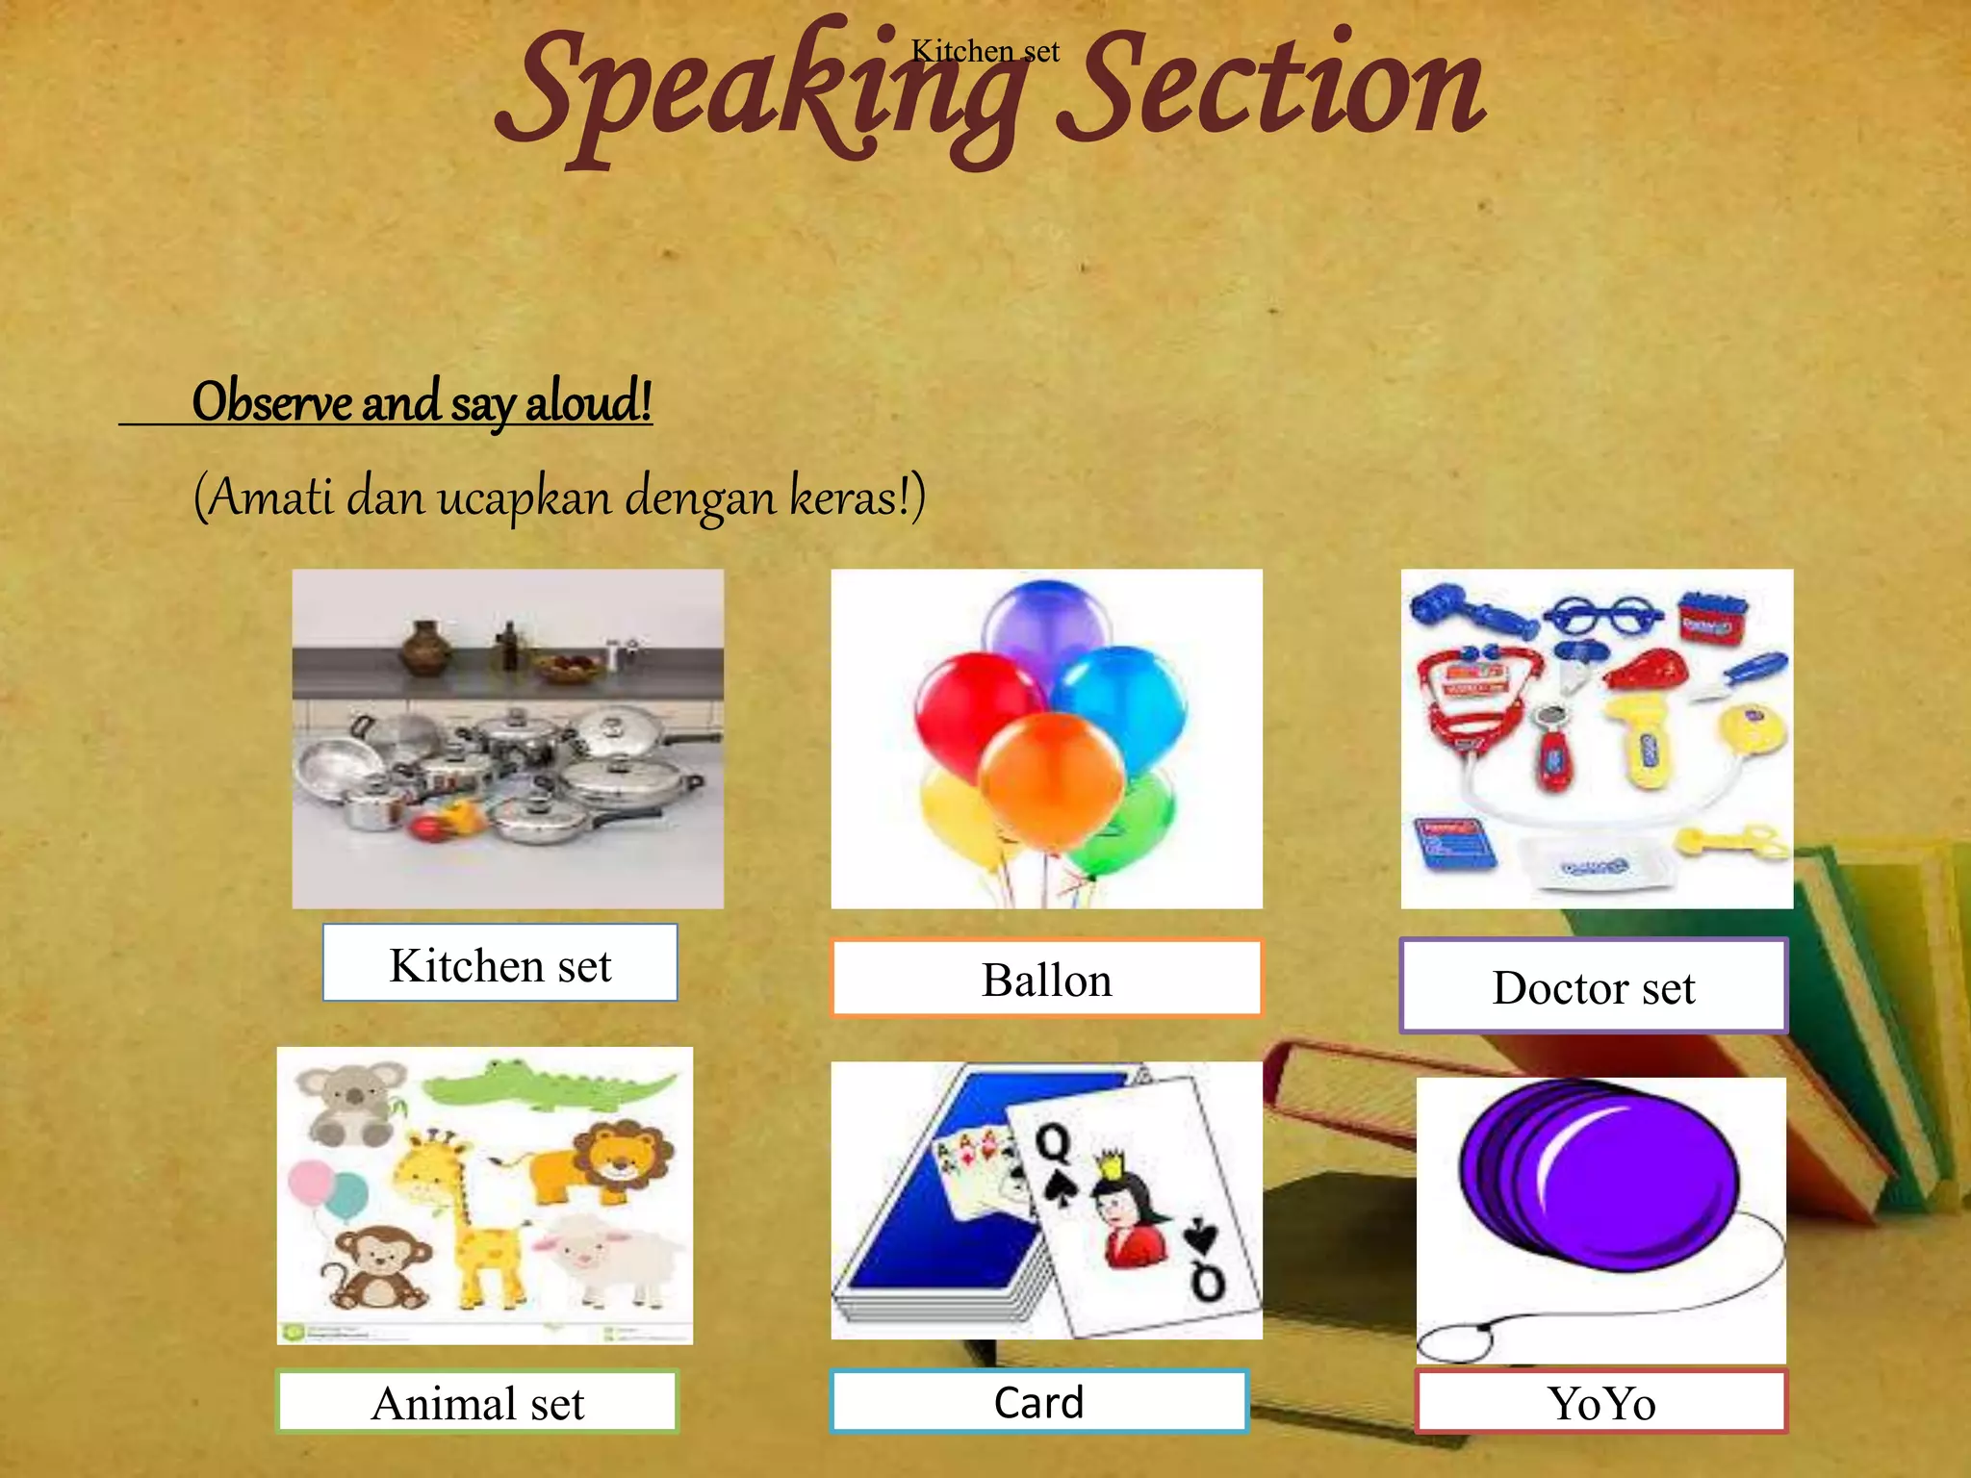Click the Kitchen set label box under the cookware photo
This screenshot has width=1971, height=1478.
tap(499, 963)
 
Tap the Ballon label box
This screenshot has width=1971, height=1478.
tap(1046, 979)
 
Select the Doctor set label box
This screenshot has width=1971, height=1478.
tap(1593, 986)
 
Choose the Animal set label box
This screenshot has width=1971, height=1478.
tap(477, 1402)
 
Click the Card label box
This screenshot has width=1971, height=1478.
tap(1038, 1401)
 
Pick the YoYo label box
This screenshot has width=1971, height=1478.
tap(1600, 1402)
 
